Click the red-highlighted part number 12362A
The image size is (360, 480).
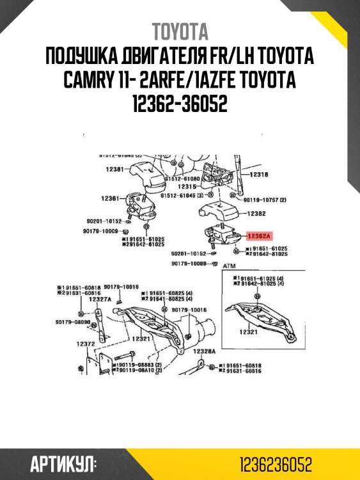[x=260, y=235]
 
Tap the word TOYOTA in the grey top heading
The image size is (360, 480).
[x=180, y=31]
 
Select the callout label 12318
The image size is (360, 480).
[x=258, y=174]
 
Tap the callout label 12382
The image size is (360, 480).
[x=256, y=213]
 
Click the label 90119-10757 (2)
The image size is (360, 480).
[x=264, y=200]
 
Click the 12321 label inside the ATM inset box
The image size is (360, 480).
[x=248, y=332]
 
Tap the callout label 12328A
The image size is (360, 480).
[x=205, y=351]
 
